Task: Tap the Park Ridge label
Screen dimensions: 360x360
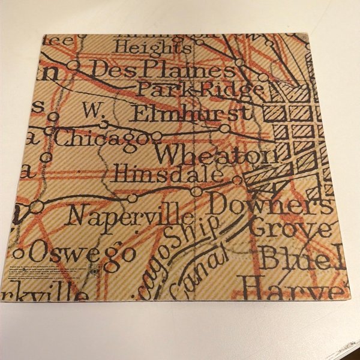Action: coord(200,89)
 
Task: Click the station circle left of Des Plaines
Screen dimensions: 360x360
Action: coord(74,64)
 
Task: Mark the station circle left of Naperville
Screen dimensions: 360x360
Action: coord(37,207)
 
